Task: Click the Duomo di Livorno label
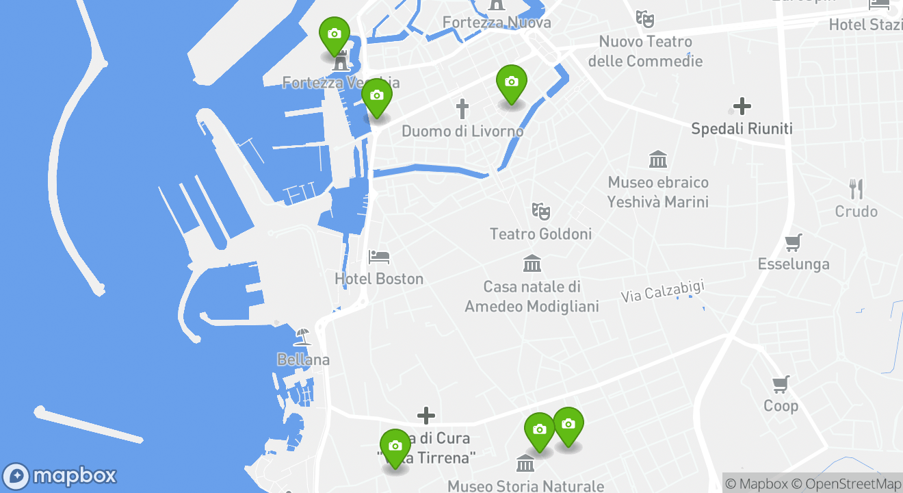click(x=462, y=131)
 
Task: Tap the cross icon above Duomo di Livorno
click(x=462, y=108)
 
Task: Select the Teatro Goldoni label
click(x=540, y=234)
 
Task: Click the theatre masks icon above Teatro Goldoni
click(x=540, y=210)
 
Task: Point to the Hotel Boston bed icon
click(x=379, y=257)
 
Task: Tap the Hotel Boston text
click(x=379, y=279)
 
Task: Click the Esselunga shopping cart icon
click(x=794, y=242)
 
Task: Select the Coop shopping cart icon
click(x=781, y=383)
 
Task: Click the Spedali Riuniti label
click(x=742, y=129)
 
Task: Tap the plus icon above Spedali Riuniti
click(x=742, y=106)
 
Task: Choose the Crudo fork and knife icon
click(x=856, y=189)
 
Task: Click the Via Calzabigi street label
click(x=662, y=291)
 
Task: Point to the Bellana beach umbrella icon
click(x=302, y=337)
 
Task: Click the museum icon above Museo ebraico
click(x=658, y=160)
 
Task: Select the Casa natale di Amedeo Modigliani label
click(x=532, y=296)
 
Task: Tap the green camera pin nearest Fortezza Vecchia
click(x=335, y=35)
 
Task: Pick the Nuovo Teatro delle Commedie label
click(x=645, y=51)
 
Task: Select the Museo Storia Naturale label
click(x=525, y=486)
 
